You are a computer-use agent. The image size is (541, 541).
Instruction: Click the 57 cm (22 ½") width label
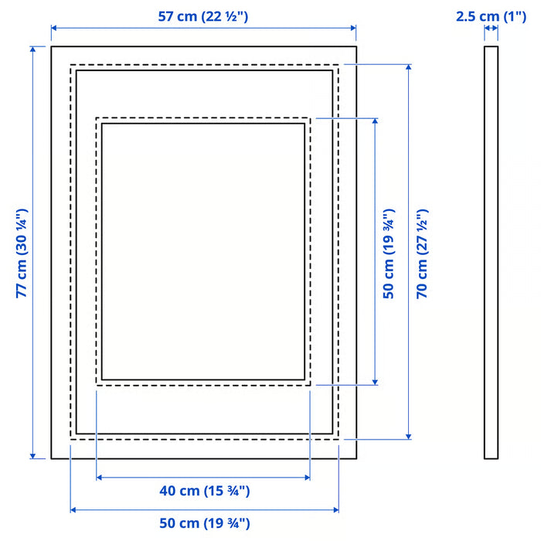(x=202, y=17)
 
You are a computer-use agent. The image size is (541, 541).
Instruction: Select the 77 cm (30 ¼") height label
(x=22, y=253)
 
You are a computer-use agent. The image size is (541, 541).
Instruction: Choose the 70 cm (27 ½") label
(x=421, y=253)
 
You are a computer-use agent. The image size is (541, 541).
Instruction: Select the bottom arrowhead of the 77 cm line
(x=33, y=456)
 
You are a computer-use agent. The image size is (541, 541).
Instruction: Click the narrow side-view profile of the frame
(x=492, y=253)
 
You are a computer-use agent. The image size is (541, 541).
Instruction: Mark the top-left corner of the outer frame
(x=52, y=47)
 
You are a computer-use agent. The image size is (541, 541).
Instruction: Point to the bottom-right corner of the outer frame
(x=356, y=459)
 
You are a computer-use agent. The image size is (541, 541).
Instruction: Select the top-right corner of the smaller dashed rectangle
(x=310, y=117)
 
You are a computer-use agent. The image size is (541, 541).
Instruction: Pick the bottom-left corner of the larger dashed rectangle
(x=70, y=439)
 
